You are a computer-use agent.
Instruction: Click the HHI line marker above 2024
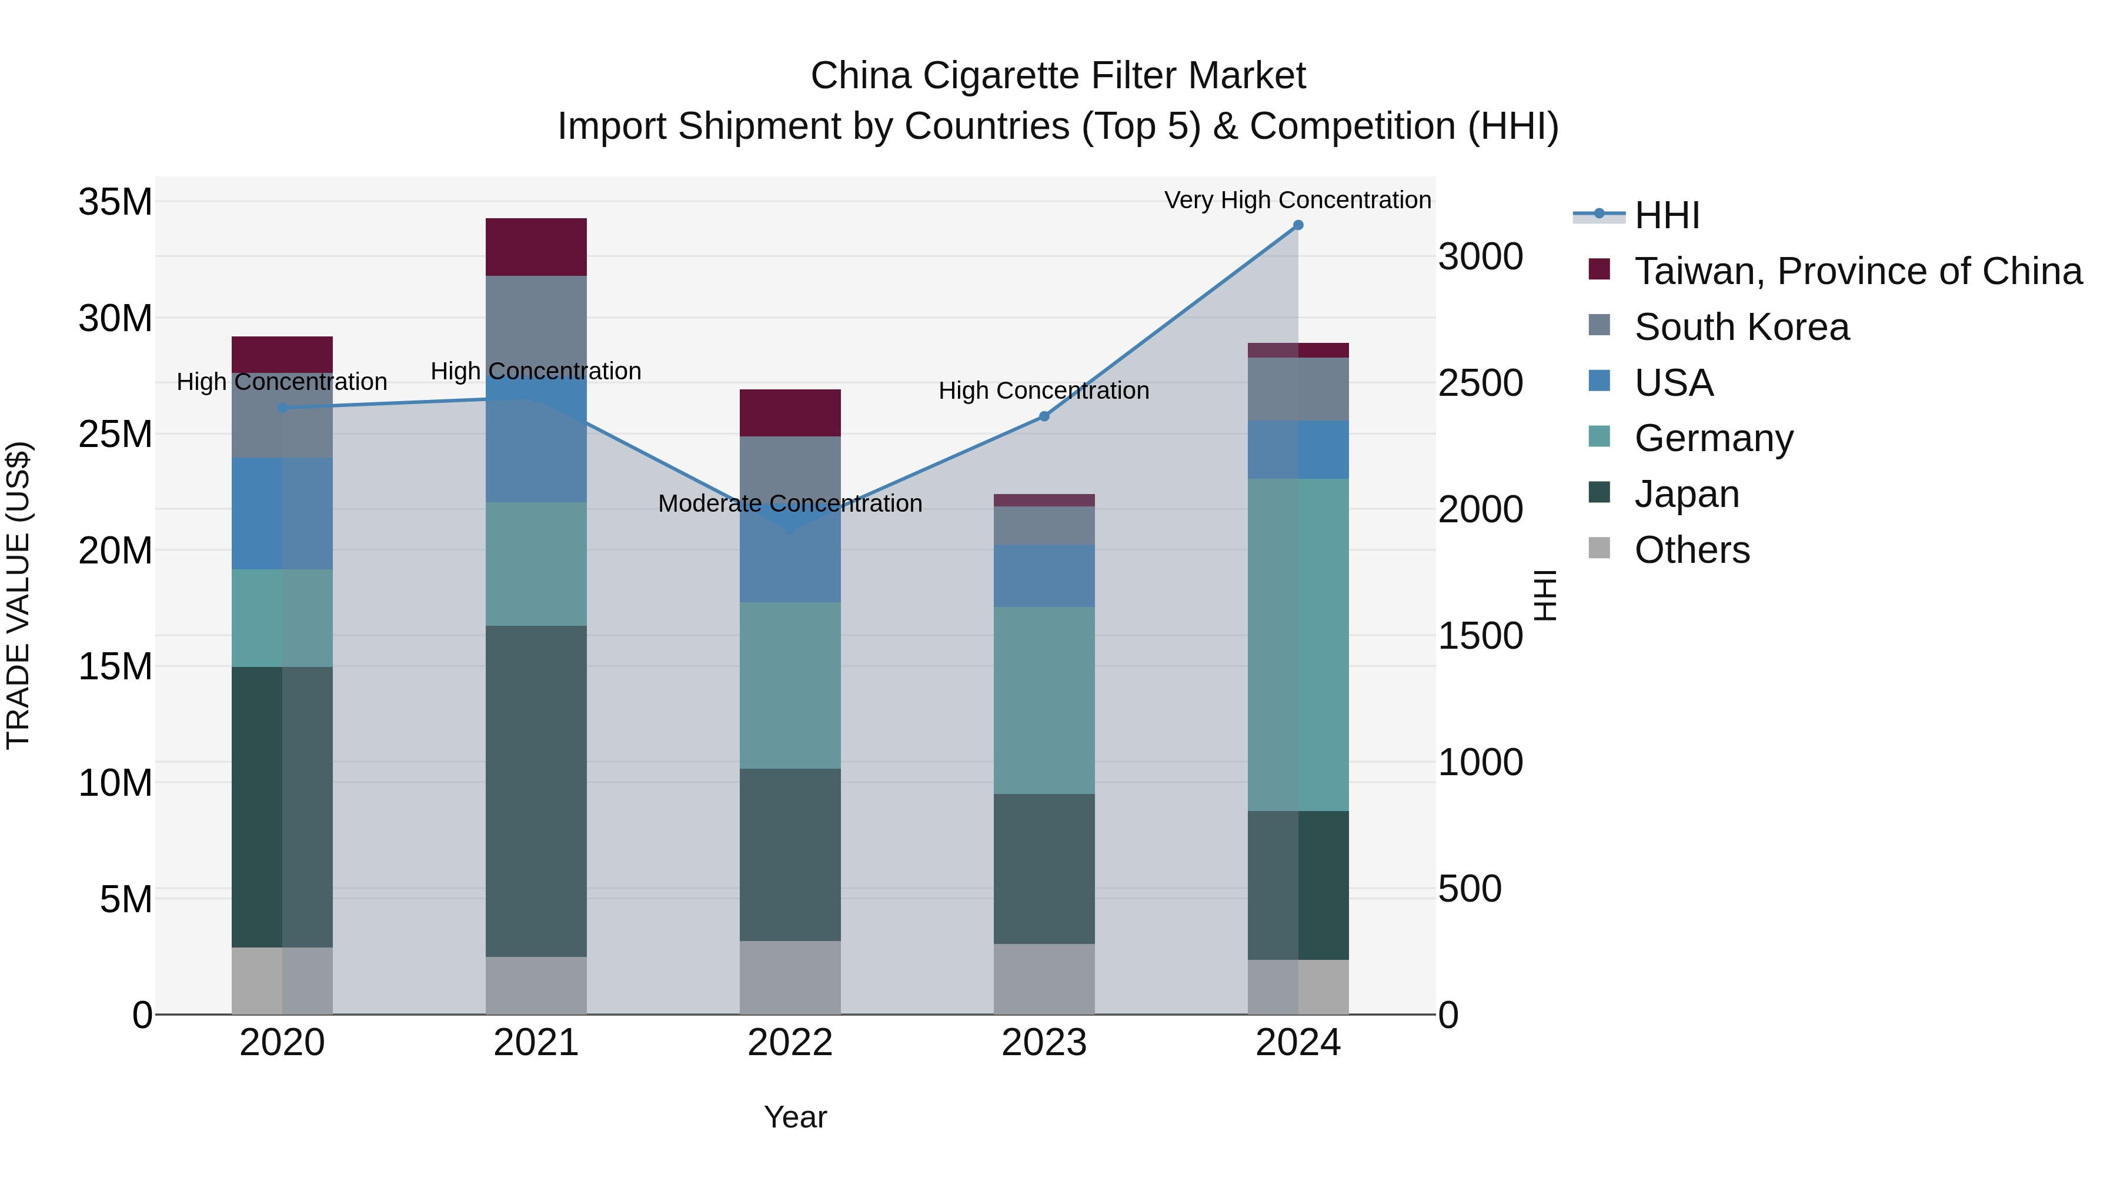1298,225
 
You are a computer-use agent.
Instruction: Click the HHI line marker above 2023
1044,417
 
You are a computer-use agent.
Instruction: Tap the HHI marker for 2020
282,408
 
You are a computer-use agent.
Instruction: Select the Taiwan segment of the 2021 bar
536,246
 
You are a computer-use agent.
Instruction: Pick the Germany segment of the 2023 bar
1044,700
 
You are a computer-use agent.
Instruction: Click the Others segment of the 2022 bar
790,978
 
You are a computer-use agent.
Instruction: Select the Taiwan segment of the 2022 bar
790,413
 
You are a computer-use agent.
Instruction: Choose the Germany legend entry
1714,438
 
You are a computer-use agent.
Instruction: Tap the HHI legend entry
1667,215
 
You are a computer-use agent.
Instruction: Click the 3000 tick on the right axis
1480,256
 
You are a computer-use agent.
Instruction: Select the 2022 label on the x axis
790,1043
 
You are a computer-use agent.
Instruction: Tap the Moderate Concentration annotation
790,503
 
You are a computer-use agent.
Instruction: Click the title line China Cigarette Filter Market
1058,76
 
